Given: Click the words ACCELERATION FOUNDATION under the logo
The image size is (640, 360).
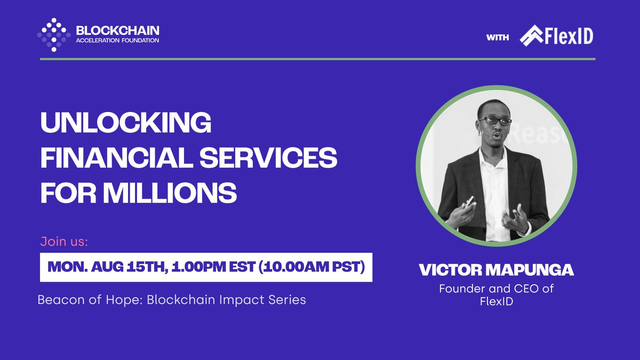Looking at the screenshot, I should coord(117,41).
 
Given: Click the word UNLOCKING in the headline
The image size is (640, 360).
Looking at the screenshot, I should coord(126,124).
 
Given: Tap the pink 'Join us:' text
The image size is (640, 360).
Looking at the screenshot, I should coord(64,242).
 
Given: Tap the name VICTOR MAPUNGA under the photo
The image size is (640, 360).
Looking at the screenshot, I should coord(496,270).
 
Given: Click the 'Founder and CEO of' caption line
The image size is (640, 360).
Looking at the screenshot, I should coord(496,289).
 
